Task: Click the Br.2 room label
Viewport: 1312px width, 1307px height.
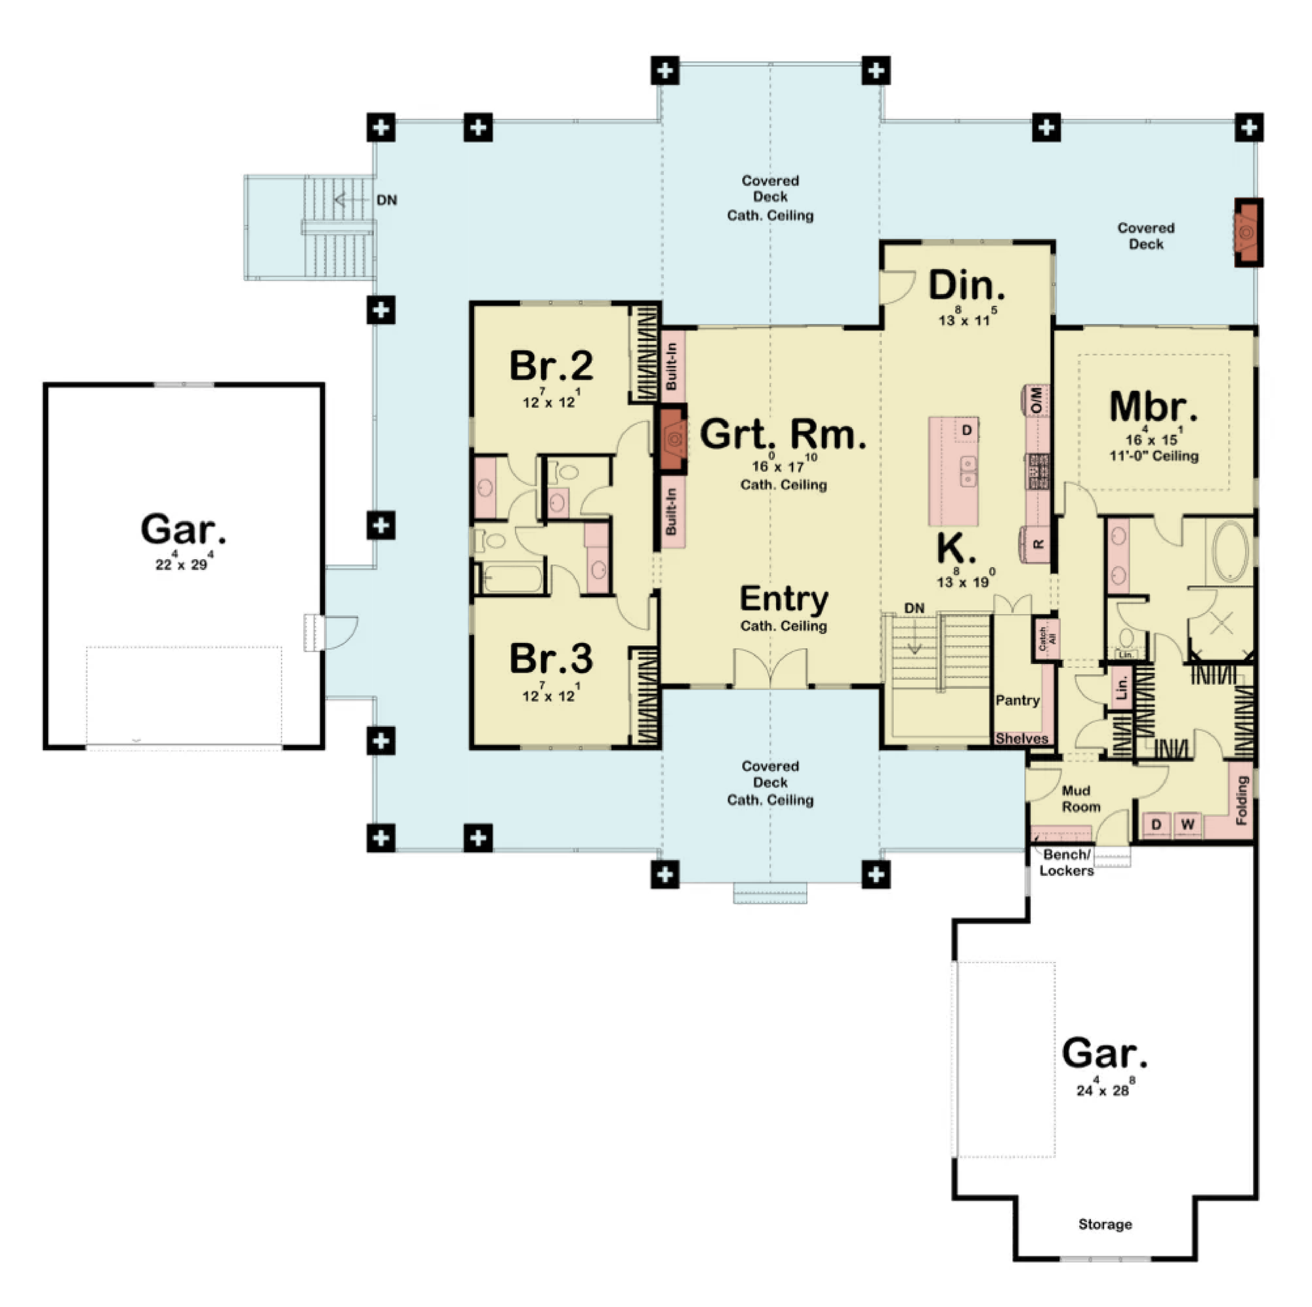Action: pyautogui.click(x=551, y=365)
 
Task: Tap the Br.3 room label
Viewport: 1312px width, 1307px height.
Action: pyautogui.click(x=551, y=658)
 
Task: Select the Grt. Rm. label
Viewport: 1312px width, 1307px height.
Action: pyautogui.click(x=783, y=434)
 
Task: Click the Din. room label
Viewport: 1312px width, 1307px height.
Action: pyautogui.click(x=966, y=285)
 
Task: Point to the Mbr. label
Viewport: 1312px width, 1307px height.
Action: pyautogui.click(x=1153, y=407)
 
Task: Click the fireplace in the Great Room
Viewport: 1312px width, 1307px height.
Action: pyautogui.click(x=672, y=439)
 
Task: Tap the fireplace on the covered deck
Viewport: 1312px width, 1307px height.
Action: pyautogui.click(x=1248, y=232)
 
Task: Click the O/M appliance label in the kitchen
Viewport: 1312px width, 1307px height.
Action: pyautogui.click(x=1036, y=400)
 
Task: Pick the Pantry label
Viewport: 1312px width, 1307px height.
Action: pyautogui.click(x=1017, y=700)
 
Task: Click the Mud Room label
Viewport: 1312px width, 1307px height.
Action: pyautogui.click(x=1080, y=799)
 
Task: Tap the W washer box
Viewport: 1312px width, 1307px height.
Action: pyautogui.click(x=1188, y=825)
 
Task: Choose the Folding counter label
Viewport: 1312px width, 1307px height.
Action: pyautogui.click(x=1242, y=801)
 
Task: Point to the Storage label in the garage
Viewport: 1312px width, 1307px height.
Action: pyautogui.click(x=1105, y=1224)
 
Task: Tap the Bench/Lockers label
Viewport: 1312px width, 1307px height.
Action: pyautogui.click(x=1067, y=863)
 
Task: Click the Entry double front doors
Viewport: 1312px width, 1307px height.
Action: pyautogui.click(x=771, y=669)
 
